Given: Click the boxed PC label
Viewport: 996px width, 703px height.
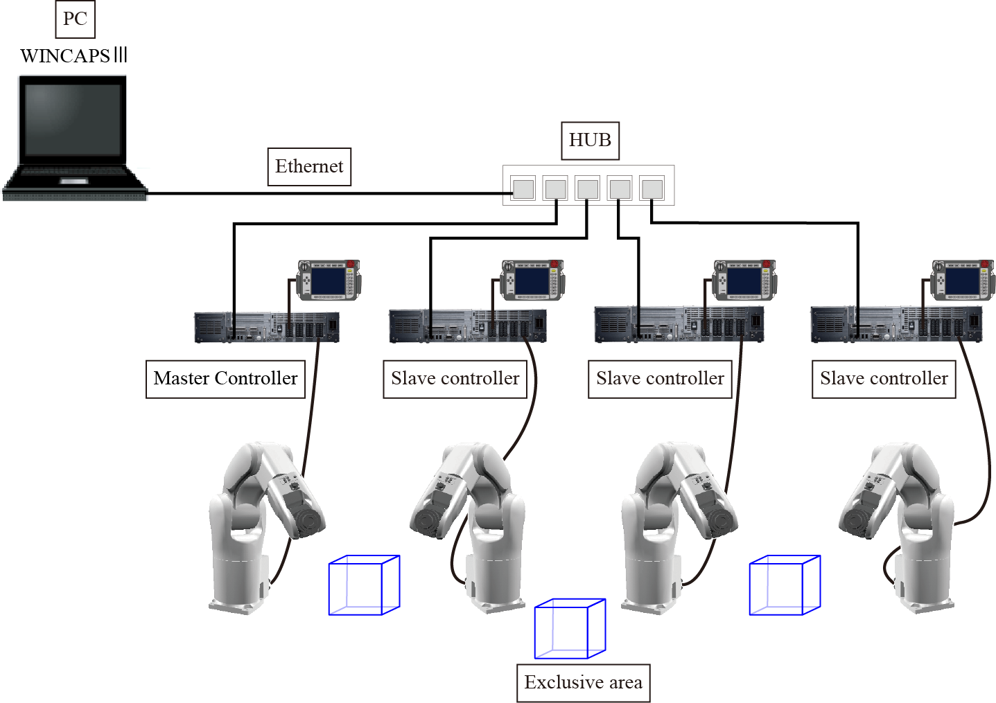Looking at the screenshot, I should [75, 19].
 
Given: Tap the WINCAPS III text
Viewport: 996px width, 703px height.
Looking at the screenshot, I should [73, 55].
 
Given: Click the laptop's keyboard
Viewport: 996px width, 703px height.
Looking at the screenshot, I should [74, 174].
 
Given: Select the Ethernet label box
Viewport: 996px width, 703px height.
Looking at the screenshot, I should [309, 167].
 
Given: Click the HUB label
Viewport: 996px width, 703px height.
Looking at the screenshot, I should [589, 141].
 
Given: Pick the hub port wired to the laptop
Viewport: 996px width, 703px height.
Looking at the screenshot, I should [523, 188].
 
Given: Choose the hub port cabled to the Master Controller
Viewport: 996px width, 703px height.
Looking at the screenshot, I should [555, 188].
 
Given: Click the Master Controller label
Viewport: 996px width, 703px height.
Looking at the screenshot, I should [225, 379].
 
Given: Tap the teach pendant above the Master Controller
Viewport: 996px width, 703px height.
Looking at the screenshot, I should [329, 280].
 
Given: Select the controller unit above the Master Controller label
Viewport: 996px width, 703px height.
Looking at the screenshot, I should [267, 327].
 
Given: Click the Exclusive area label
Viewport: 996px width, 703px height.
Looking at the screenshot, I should [583, 683].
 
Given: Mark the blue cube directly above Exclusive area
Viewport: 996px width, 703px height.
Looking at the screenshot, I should [570, 629].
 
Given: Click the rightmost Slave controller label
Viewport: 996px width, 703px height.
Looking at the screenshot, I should [884, 379].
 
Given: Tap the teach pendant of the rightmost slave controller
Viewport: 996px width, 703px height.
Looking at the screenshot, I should [962, 280].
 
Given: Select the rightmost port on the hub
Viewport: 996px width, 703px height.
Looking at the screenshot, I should [652, 188].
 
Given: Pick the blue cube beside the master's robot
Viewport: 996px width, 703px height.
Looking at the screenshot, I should [364, 585].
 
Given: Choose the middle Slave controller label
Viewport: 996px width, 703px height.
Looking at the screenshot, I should [660, 379].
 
